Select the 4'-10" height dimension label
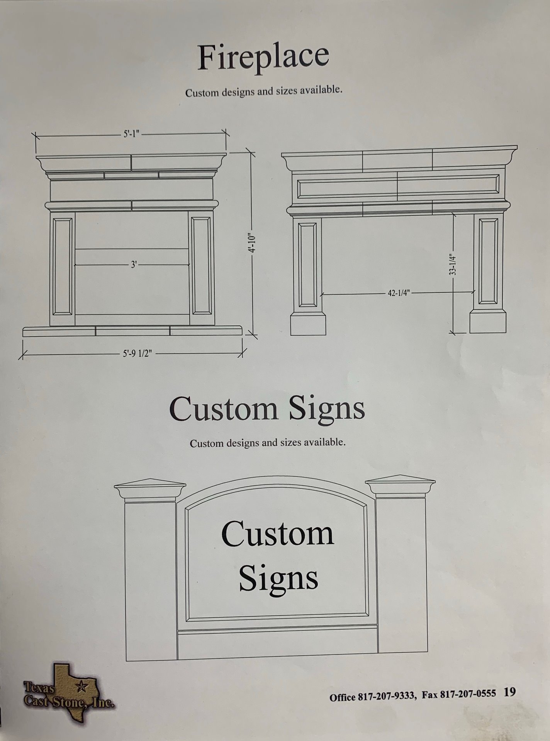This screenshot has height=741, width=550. [252, 242]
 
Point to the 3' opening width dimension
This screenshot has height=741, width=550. [134, 265]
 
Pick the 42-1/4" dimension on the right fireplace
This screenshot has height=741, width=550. [398, 293]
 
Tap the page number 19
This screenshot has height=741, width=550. [509, 692]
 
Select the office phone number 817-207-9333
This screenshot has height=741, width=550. [387, 696]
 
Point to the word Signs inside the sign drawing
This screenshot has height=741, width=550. [278, 578]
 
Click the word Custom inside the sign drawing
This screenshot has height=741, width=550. [277, 533]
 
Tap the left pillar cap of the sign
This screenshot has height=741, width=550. [150, 489]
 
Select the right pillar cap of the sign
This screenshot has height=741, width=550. [400, 486]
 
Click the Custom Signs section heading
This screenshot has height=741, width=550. [267, 408]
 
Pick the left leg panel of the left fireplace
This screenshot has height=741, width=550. [62, 266]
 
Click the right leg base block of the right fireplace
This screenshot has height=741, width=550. [488, 322]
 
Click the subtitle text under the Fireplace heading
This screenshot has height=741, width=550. [264, 92]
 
